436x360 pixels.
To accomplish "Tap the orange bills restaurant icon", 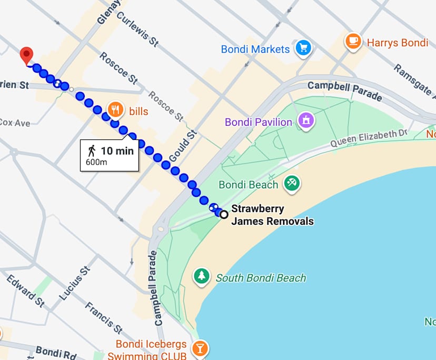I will (115, 109).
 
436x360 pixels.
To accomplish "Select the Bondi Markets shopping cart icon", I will (303, 48).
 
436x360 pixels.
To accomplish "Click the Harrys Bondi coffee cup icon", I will (353, 41).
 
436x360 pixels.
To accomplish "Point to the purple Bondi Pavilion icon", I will (305, 121).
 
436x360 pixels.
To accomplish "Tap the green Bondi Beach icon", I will (291, 183).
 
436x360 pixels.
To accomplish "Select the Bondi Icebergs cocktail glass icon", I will (200, 348).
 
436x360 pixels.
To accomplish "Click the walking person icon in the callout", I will (92, 151).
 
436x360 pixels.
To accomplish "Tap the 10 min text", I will (117, 151).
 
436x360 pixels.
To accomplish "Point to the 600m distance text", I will (96, 162).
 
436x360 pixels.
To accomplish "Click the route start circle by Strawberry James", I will (224, 214).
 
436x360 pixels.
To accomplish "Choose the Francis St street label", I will (103, 315).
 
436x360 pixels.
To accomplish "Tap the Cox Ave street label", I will (15, 123).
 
